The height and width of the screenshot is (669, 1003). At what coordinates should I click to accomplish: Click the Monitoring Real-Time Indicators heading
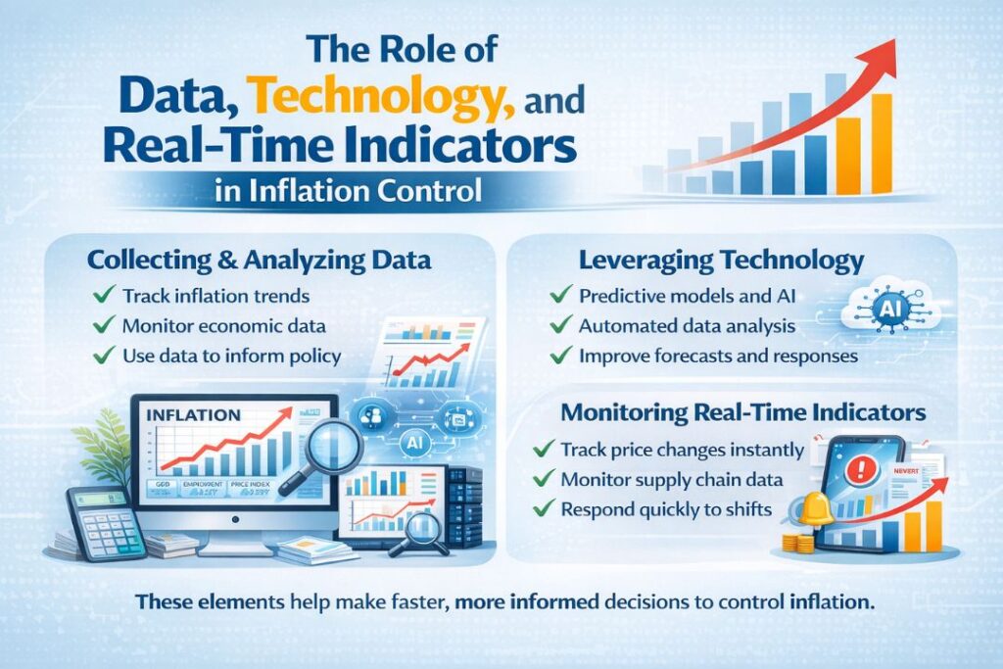[743, 412]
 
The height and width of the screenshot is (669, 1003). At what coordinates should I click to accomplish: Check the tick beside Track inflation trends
[99, 295]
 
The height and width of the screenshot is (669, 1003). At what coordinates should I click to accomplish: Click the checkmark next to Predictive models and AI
[560, 294]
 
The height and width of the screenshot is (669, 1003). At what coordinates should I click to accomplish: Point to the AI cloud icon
[889, 306]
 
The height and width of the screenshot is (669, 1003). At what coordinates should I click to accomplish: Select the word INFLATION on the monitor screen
[192, 414]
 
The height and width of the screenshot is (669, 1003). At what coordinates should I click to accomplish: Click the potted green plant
[110, 452]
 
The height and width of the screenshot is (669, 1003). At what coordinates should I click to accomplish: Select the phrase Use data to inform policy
[232, 356]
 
